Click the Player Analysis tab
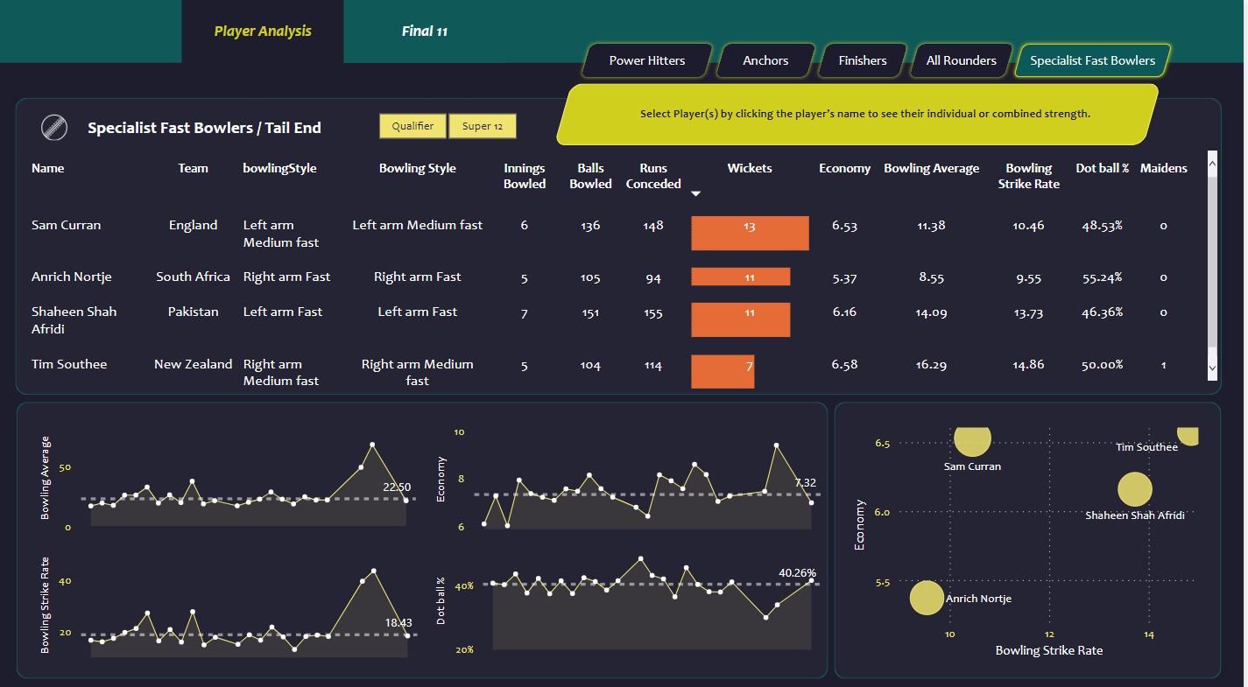pyautogui.click(x=263, y=32)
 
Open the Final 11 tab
pyautogui.click(x=425, y=32)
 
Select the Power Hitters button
pyautogui.click(x=647, y=60)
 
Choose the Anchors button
pyautogui.click(x=765, y=60)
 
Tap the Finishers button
pyautogui.click(x=863, y=60)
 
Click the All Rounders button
pyautogui.click(x=961, y=60)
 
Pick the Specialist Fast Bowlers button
pyautogui.click(x=1092, y=60)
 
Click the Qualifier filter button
pyautogui.click(x=412, y=126)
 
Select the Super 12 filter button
pyautogui.click(x=483, y=126)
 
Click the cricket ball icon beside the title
pyautogui.click(x=54, y=128)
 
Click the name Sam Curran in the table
pyautogui.click(x=67, y=225)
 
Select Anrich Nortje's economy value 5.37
pyautogui.click(x=844, y=277)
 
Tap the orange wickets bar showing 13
pyautogui.click(x=750, y=233)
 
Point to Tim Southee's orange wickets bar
pyautogui.click(x=723, y=371)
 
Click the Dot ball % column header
pyautogui.click(x=1102, y=168)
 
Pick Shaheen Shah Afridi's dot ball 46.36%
pyautogui.click(x=1102, y=312)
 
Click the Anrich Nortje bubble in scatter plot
pyautogui.click(x=927, y=599)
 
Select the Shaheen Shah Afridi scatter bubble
pyautogui.click(x=1135, y=489)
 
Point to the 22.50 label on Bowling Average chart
pyautogui.click(x=397, y=487)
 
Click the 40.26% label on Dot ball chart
pyautogui.click(x=796, y=572)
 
